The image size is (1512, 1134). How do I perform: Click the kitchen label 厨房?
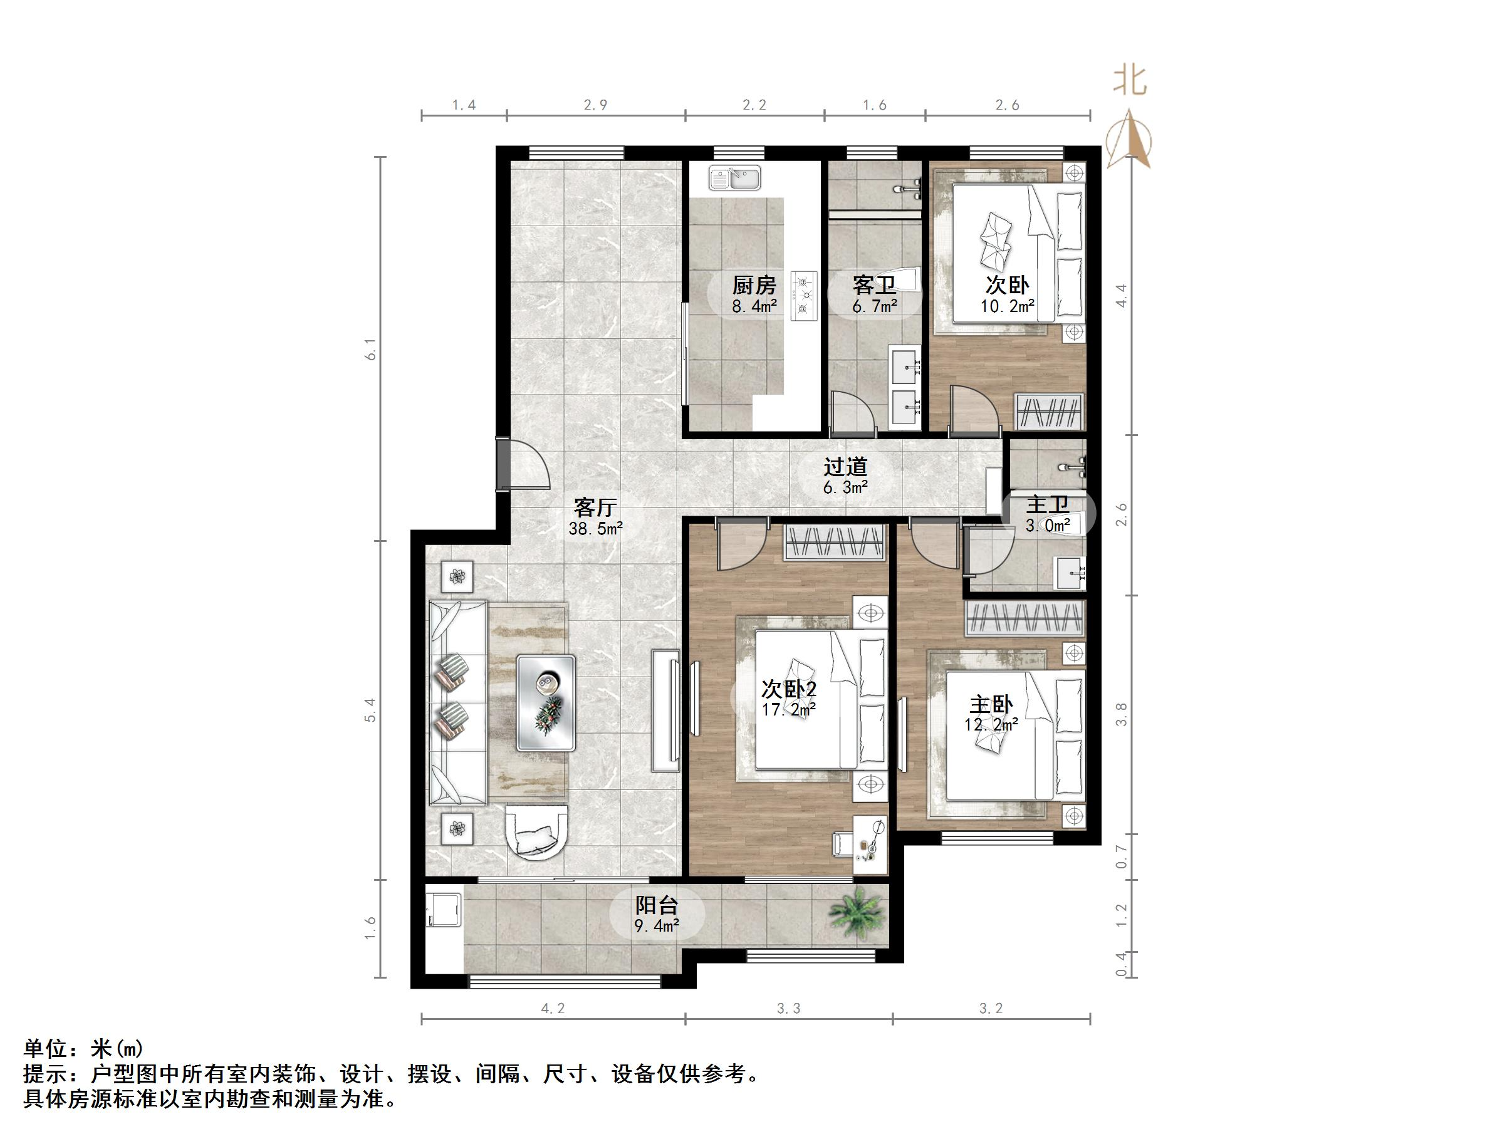(x=754, y=285)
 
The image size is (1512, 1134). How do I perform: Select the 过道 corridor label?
(x=845, y=467)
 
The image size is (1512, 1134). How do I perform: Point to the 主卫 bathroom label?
(x=1047, y=506)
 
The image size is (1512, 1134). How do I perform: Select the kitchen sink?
(x=735, y=179)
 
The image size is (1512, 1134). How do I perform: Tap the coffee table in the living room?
(x=546, y=703)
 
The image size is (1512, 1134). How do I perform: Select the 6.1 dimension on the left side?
(x=371, y=354)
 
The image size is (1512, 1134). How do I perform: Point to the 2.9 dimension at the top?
(x=595, y=105)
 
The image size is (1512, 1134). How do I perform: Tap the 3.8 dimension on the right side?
(x=1122, y=714)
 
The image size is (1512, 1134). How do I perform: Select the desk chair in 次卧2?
(x=842, y=843)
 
